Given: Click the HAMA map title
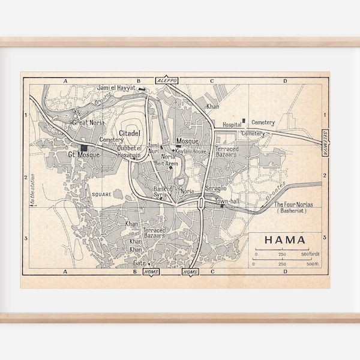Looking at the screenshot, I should (x=284, y=241).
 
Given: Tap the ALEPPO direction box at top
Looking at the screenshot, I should (x=164, y=80).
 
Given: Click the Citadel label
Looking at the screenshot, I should (x=130, y=133).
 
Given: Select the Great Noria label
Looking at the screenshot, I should (x=88, y=122).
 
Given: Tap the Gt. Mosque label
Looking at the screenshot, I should (x=82, y=155).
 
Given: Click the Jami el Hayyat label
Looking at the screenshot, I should (x=114, y=89).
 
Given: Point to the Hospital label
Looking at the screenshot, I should (x=232, y=125).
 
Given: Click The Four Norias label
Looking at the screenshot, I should (x=292, y=205).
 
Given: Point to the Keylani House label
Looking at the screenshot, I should (x=191, y=152).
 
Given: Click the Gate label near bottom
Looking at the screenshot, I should (x=139, y=263).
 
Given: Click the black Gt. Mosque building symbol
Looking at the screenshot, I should (x=85, y=148).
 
